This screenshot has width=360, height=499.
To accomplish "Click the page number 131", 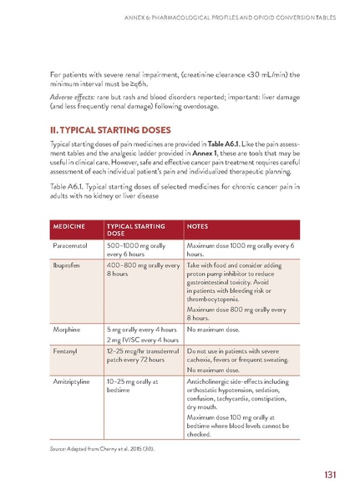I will (330, 475).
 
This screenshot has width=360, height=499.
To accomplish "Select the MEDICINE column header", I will (73, 226).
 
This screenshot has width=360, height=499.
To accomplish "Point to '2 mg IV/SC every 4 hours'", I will (143, 340).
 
